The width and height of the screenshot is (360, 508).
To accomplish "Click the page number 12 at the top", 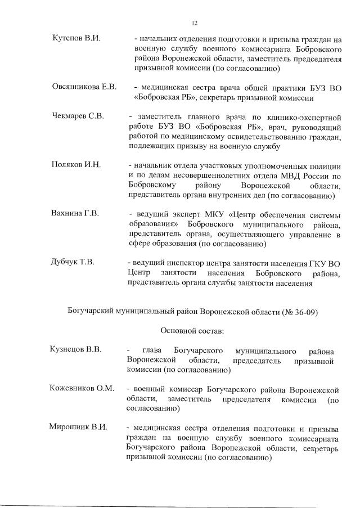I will [194, 23].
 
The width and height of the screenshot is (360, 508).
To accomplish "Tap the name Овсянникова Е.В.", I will [84, 87].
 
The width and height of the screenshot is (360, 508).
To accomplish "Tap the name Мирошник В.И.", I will [78, 427].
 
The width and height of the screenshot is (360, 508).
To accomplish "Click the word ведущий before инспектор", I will [148, 263].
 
